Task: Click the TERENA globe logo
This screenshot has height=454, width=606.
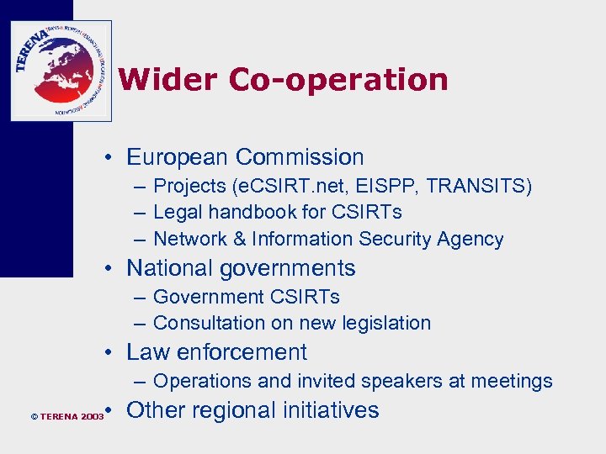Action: [61, 71]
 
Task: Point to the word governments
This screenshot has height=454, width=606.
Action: [294, 268]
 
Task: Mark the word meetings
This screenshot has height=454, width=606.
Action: [512, 381]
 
